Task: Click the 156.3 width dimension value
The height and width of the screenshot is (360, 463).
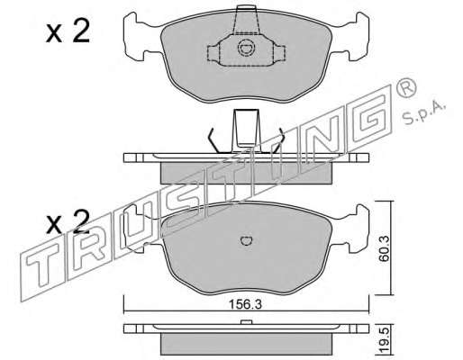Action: pos(245,304)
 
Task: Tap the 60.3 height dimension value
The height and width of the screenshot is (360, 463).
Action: pos(384,249)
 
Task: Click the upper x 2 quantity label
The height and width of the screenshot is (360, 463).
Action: pos(68,31)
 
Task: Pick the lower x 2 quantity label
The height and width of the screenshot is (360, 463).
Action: pos(68,223)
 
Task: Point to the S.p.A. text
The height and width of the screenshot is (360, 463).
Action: pos(423,114)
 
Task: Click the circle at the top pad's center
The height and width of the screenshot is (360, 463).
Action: pos(247,48)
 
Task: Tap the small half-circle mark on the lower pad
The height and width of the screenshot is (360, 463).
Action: pos(247,241)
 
